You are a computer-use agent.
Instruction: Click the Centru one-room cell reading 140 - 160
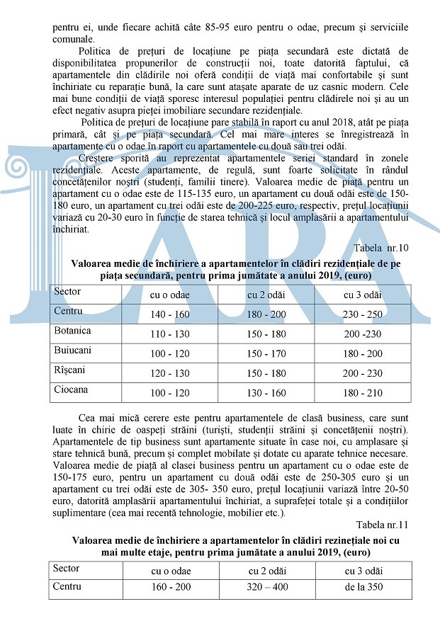pos(169,314)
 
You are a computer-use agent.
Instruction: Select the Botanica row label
pos(72,330)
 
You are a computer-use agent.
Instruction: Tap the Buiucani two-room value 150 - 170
pos(266,353)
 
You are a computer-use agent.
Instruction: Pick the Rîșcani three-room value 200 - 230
pos(363,373)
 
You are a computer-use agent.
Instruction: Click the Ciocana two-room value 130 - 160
pos(266,392)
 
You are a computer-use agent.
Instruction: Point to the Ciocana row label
pos(71,389)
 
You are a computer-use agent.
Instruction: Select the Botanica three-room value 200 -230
pos(363,334)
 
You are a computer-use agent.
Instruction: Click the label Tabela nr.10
pos(382,247)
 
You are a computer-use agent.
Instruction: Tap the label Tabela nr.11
pos(383,524)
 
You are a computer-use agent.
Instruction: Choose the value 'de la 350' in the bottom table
pos(363,587)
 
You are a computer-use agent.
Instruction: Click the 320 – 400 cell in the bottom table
pos(267,587)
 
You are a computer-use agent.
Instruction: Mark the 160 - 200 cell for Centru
pos(170,587)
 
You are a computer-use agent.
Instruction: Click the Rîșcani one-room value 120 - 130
pos(169,373)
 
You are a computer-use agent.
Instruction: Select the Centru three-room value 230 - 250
pos(363,314)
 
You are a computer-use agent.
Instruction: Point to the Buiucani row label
pos(72,350)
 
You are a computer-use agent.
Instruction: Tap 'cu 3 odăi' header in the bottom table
pos(363,571)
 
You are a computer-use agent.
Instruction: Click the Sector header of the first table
pos(67,291)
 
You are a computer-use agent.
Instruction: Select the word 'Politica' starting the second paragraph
pos(98,51)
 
